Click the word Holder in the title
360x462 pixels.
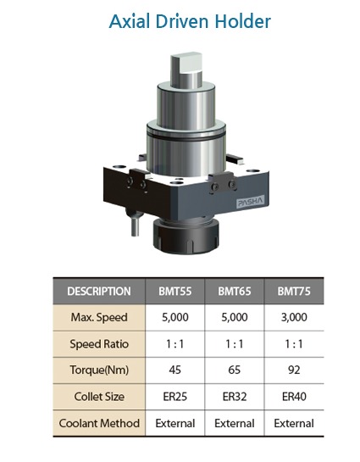242,21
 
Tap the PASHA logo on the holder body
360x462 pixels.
251,202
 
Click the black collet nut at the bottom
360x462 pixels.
186,237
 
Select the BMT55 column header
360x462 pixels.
175,292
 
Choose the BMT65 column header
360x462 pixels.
235,292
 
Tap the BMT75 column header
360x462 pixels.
294,292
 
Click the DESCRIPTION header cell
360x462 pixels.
99,292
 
